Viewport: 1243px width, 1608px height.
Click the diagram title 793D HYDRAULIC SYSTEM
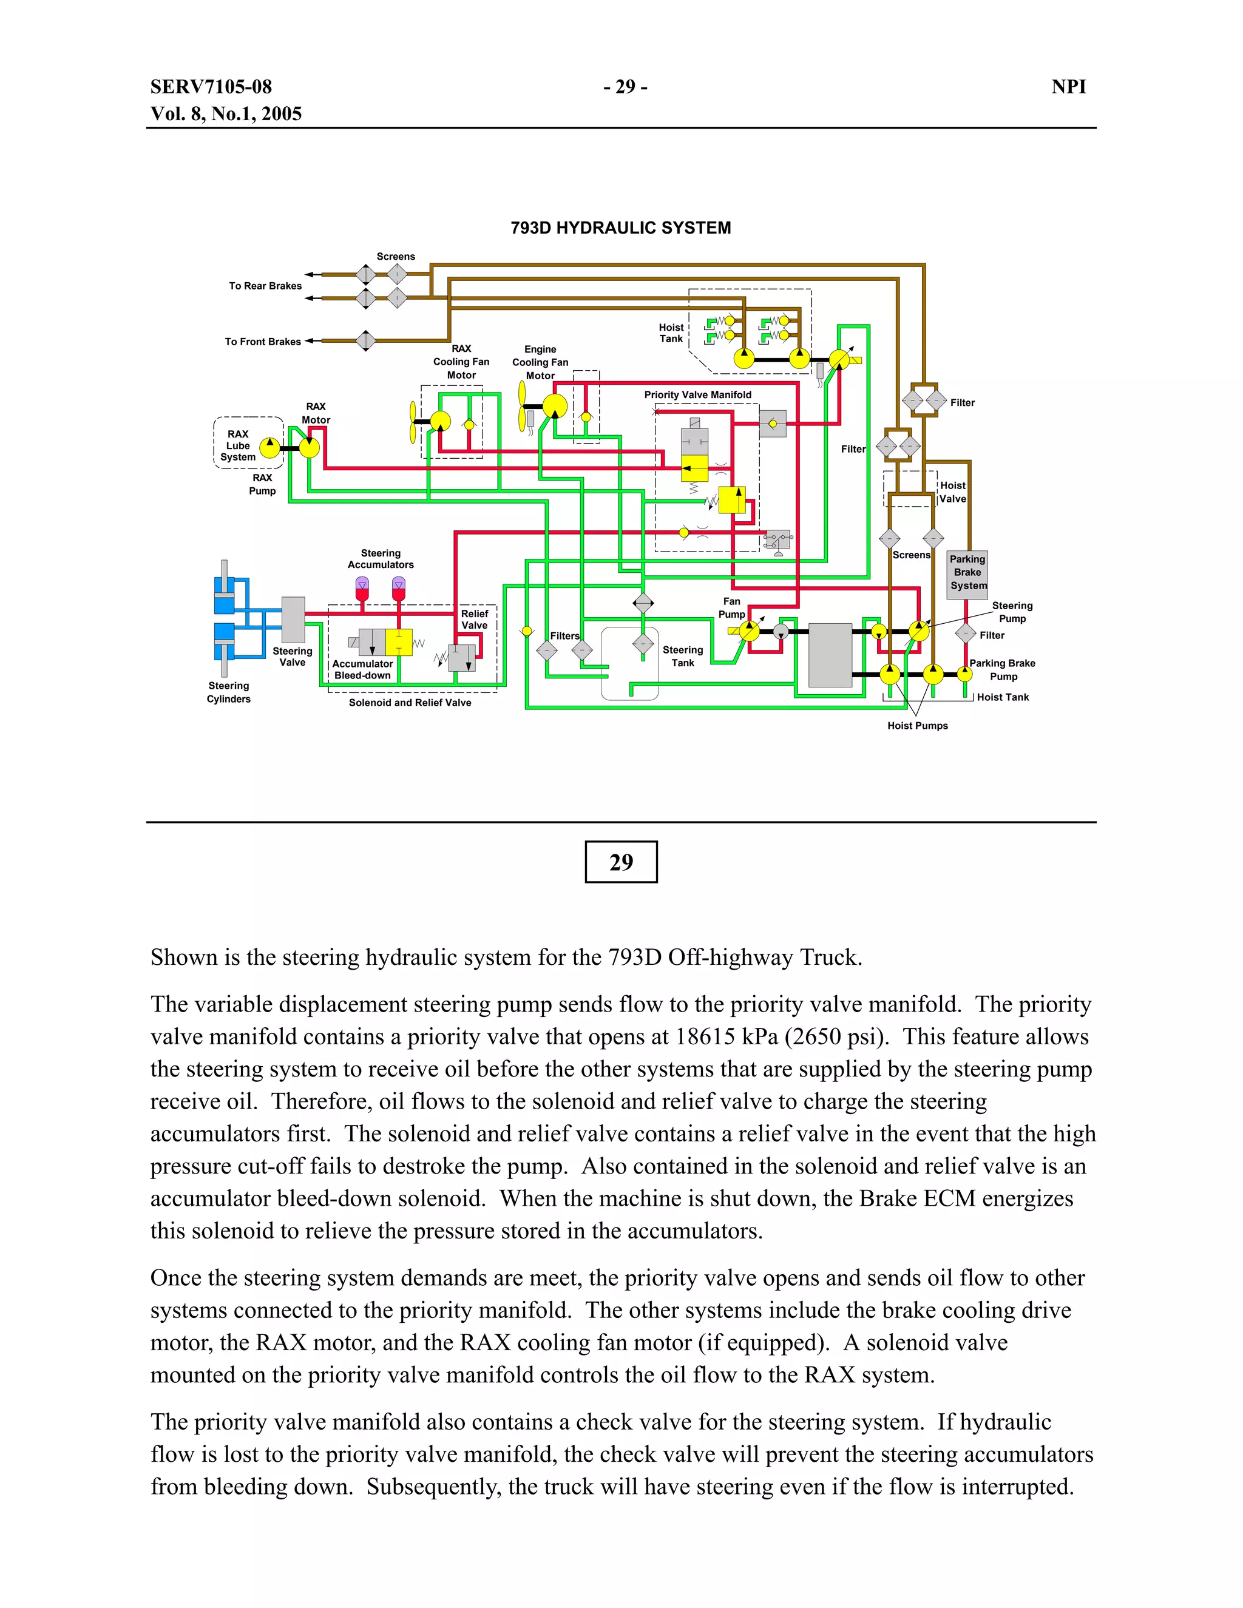coord(621,228)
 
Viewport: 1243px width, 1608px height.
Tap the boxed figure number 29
coord(621,862)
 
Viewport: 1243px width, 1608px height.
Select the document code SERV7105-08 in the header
coord(211,87)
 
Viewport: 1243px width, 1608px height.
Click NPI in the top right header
coord(1068,87)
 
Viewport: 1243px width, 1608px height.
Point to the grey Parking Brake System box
coord(967,573)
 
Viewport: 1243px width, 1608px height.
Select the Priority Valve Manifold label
coord(697,394)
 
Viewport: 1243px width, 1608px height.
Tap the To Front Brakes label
coord(263,342)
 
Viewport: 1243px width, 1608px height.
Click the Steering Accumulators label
coord(381,559)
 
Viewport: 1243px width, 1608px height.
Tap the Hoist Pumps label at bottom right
coord(918,726)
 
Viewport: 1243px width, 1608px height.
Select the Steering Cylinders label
coord(228,692)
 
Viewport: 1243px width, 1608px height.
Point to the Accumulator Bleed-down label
coord(362,669)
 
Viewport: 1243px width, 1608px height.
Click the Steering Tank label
coord(683,656)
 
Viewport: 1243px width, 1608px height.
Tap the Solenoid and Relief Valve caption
coord(410,703)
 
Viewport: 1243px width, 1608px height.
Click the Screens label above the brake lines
coord(396,256)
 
